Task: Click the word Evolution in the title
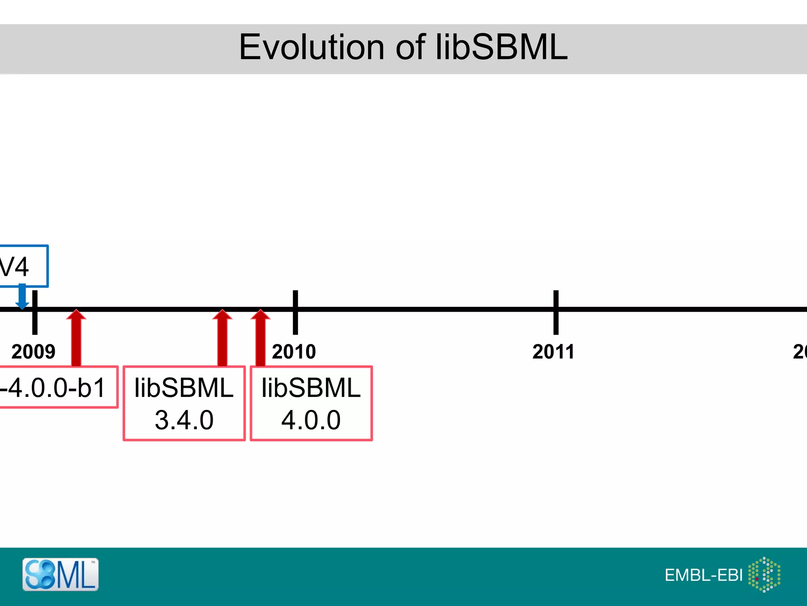point(311,47)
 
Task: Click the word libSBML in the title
point(501,47)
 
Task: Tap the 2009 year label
point(33,352)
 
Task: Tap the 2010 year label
point(294,352)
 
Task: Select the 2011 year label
point(553,352)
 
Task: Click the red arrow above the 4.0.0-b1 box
point(76,337)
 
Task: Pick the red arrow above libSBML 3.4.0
point(222,337)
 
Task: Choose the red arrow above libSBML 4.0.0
point(260,337)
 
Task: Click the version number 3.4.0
point(184,420)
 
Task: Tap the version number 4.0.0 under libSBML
point(311,420)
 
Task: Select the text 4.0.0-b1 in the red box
point(53,387)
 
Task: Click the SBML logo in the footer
point(60,574)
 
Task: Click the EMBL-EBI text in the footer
point(703,575)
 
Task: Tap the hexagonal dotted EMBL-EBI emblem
point(764,574)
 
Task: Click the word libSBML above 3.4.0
point(184,388)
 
